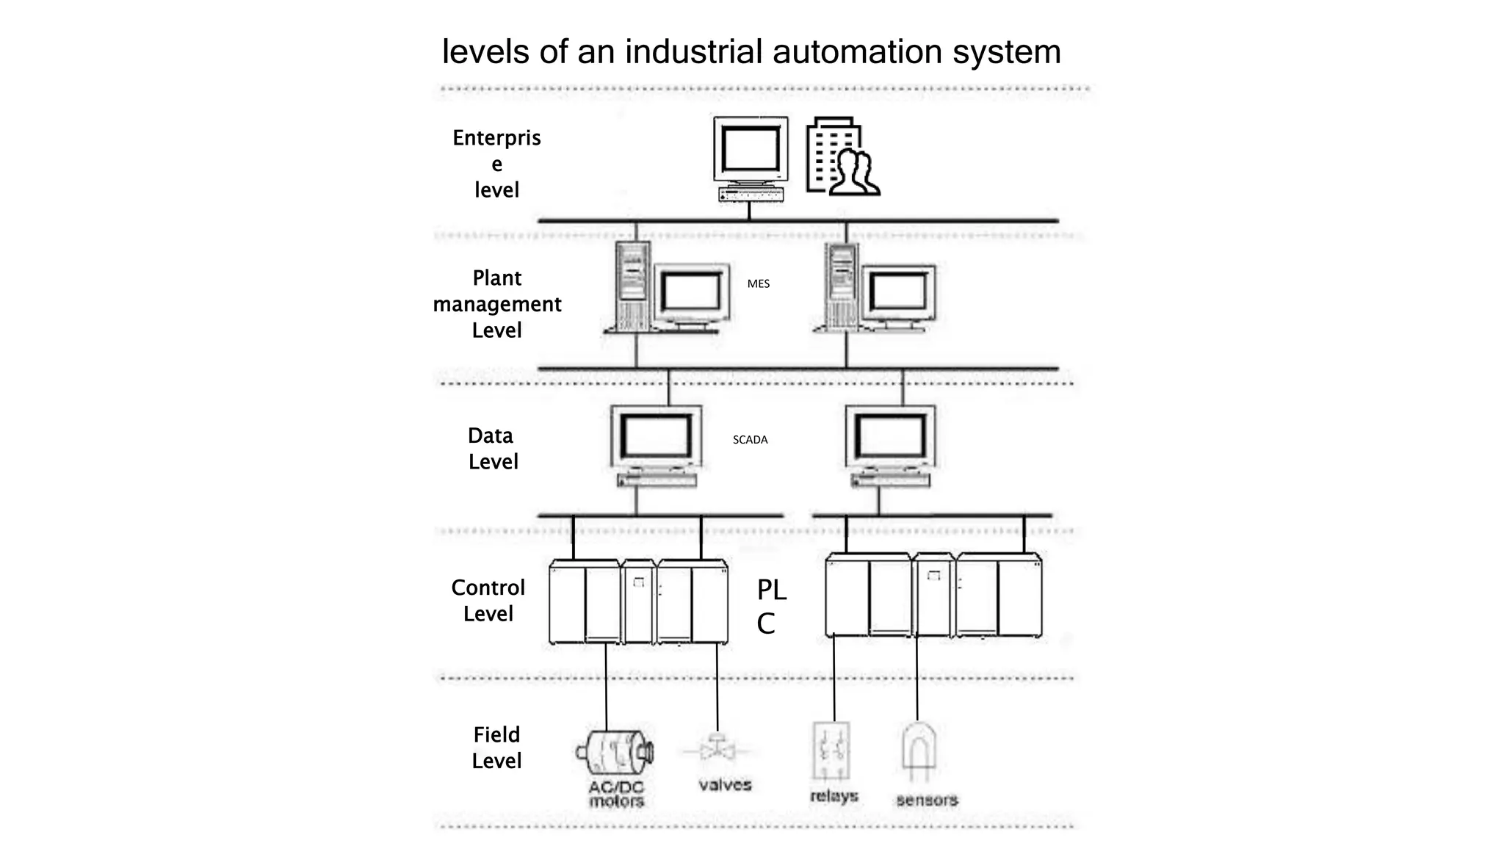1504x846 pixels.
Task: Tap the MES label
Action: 758,283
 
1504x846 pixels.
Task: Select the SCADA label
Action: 750,440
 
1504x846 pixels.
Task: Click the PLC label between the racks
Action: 770,606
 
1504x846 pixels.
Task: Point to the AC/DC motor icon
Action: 615,752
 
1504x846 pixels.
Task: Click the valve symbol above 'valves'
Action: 716,750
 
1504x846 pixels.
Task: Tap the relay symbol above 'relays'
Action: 831,751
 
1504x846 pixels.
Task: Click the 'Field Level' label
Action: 496,748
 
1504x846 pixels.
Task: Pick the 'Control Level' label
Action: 488,601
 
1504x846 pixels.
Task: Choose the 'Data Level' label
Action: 493,449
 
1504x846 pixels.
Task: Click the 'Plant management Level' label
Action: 497,304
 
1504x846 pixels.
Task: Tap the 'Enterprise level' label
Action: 496,164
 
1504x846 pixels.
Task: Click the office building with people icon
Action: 842,157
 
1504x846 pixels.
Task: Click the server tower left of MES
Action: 632,286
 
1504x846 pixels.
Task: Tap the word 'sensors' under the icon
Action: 927,800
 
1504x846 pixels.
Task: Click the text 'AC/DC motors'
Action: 616,794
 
